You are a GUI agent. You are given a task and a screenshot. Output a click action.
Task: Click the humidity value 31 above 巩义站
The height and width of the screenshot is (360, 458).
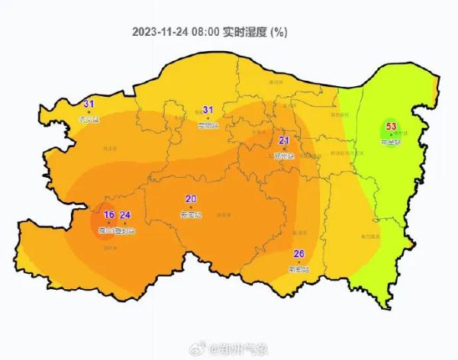pos(89,104)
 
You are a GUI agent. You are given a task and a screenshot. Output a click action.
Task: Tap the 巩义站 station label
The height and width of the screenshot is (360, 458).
pos(89,119)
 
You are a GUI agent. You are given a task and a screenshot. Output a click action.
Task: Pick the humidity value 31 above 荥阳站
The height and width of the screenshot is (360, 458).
pos(208,110)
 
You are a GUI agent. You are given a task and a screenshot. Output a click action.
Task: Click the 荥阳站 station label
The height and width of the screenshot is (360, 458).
pos(208,125)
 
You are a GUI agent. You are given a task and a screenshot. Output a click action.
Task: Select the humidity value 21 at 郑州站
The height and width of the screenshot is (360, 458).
pos(284,140)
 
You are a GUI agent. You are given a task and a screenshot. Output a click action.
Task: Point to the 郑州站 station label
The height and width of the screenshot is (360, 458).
pos(284,155)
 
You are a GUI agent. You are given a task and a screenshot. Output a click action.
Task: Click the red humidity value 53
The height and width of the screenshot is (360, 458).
pos(392,127)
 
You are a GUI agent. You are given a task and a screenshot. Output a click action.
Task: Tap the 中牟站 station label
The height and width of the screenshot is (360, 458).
pos(391,142)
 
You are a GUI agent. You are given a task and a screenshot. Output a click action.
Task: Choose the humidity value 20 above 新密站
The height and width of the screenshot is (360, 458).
pos(191,199)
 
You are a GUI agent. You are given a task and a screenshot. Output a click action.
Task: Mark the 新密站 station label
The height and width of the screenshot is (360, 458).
pos(191,214)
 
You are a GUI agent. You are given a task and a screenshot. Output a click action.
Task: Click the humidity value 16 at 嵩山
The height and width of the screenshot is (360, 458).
pos(108,215)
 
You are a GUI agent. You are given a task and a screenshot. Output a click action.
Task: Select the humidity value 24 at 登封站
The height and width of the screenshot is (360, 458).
pos(126,215)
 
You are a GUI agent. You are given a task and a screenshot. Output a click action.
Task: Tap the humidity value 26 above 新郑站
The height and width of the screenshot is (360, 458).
pos(299,254)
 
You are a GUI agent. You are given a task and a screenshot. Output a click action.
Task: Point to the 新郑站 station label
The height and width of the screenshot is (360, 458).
pos(299,269)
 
